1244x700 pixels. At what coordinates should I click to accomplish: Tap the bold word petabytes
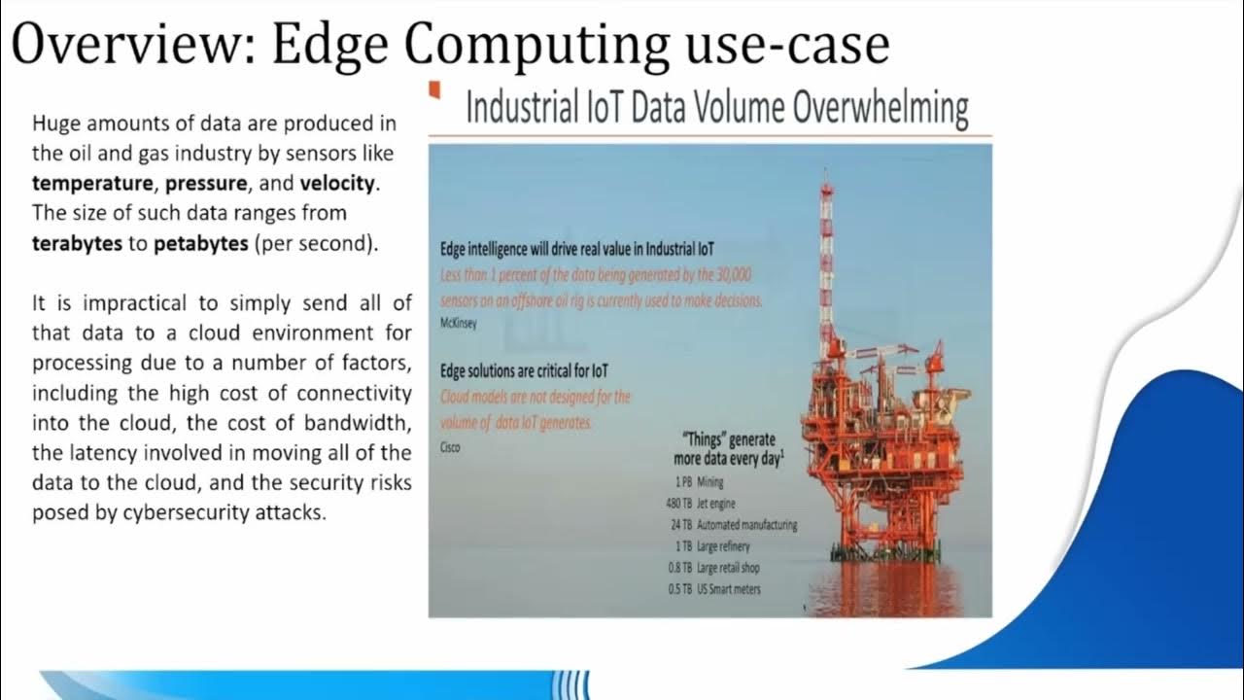click(x=201, y=243)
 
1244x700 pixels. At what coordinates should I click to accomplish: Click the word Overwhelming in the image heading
click(x=880, y=108)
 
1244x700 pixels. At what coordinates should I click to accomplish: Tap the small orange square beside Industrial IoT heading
click(x=434, y=91)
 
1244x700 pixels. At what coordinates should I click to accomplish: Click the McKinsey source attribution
click(x=460, y=325)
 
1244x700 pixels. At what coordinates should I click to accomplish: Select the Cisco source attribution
click(x=451, y=448)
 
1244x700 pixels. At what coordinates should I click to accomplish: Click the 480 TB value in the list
click(x=674, y=503)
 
